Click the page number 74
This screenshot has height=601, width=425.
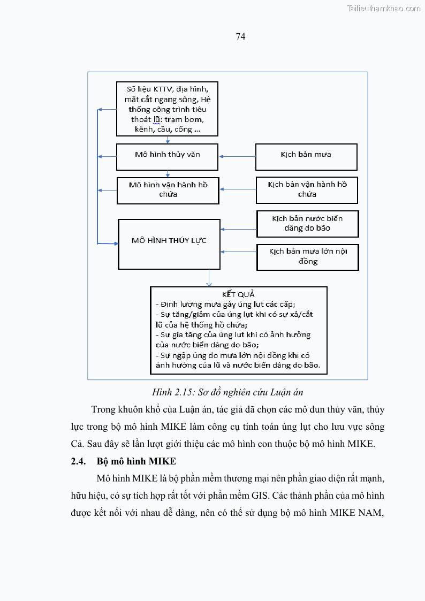coord(240,36)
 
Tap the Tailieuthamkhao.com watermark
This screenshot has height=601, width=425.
coord(383,8)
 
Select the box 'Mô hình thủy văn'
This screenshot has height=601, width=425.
coord(168,156)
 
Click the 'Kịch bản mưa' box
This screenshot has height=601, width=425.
coord(306,156)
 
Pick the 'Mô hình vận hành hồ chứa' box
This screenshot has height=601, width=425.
coord(168,190)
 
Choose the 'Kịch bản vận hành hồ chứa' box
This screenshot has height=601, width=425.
coord(307,190)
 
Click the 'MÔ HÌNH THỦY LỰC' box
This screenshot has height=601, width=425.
coord(169,244)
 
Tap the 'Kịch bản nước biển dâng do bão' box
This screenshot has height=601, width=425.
coord(307,224)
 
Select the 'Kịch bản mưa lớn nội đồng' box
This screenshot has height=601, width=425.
coord(307,257)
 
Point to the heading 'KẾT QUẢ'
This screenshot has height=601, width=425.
coord(238,294)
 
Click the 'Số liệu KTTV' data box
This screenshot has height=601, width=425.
coord(167,109)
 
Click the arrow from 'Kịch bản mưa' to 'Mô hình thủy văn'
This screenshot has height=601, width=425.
coord(237,157)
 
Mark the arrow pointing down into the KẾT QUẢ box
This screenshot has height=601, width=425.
coord(209,278)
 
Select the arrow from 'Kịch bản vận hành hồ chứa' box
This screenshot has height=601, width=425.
coord(238,189)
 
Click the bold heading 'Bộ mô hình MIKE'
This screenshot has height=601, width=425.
coord(136,461)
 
